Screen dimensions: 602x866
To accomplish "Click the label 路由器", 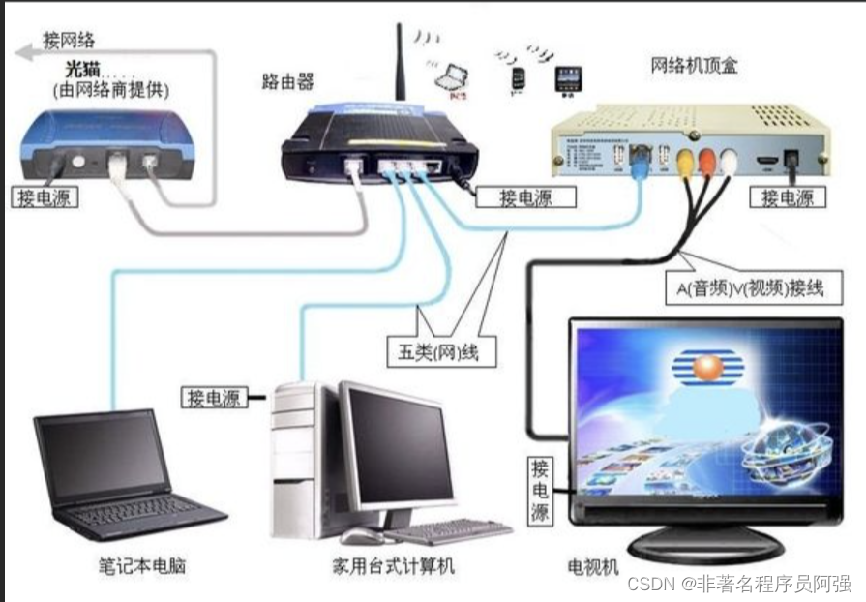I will pos(287,81).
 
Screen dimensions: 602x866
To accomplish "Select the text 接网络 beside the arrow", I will pos(75,40).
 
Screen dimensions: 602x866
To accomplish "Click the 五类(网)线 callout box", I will pos(439,350).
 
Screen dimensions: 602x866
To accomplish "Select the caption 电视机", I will pos(593,567).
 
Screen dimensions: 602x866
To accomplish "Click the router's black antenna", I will pos(400,62).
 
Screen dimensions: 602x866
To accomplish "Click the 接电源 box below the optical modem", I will pos(45,197).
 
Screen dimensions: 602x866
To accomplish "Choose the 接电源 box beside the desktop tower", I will pos(214,396).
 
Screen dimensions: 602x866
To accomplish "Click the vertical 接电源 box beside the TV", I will pos(540,493).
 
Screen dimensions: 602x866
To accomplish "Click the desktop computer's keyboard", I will pos(447,531).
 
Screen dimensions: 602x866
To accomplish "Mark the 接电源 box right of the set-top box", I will pos(792,197).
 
